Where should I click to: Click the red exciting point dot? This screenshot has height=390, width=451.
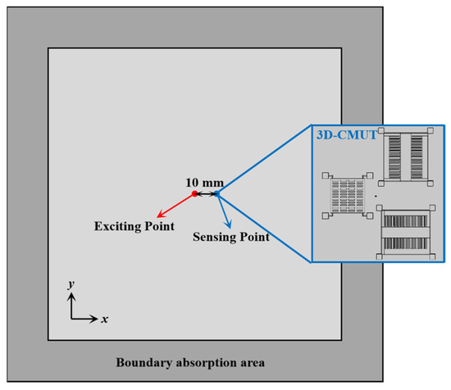coord(194,194)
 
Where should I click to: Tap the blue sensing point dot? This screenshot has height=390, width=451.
coord(217,194)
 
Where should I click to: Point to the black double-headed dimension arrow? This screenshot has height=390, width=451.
coord(206,194)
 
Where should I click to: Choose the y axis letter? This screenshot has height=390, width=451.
coord(71,283)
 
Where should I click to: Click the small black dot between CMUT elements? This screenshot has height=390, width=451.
coord(376,197)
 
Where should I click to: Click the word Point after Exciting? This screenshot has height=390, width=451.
coord(158,225)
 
